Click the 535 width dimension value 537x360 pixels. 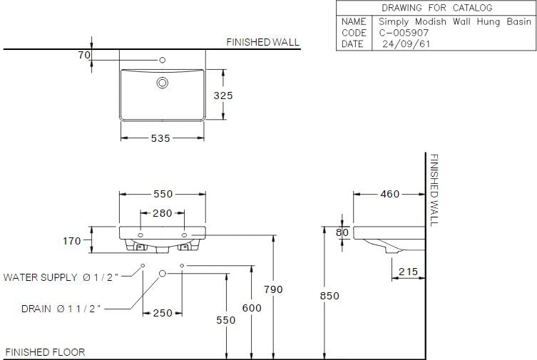tap(160, 139)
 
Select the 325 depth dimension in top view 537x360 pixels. tap(224, 95)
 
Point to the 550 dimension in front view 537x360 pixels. tap(163, 194)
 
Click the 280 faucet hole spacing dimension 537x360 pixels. tap(163, 213)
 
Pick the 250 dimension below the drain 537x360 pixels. tap(163, 313)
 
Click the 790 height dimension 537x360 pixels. tap(273, 289)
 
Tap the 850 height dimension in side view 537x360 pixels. tap(330, 296)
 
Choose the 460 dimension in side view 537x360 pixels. tap(389, 194)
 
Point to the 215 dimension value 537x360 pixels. tap(408, 272)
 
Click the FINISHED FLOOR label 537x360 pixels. tap(45, 352)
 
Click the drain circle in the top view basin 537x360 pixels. tap(163, 83)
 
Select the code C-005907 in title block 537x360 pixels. tap(403, 33)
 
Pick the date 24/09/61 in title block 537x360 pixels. tap(405, 43)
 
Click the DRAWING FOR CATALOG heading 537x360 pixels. tap(436, 8)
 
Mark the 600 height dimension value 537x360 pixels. tap(251, 308)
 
